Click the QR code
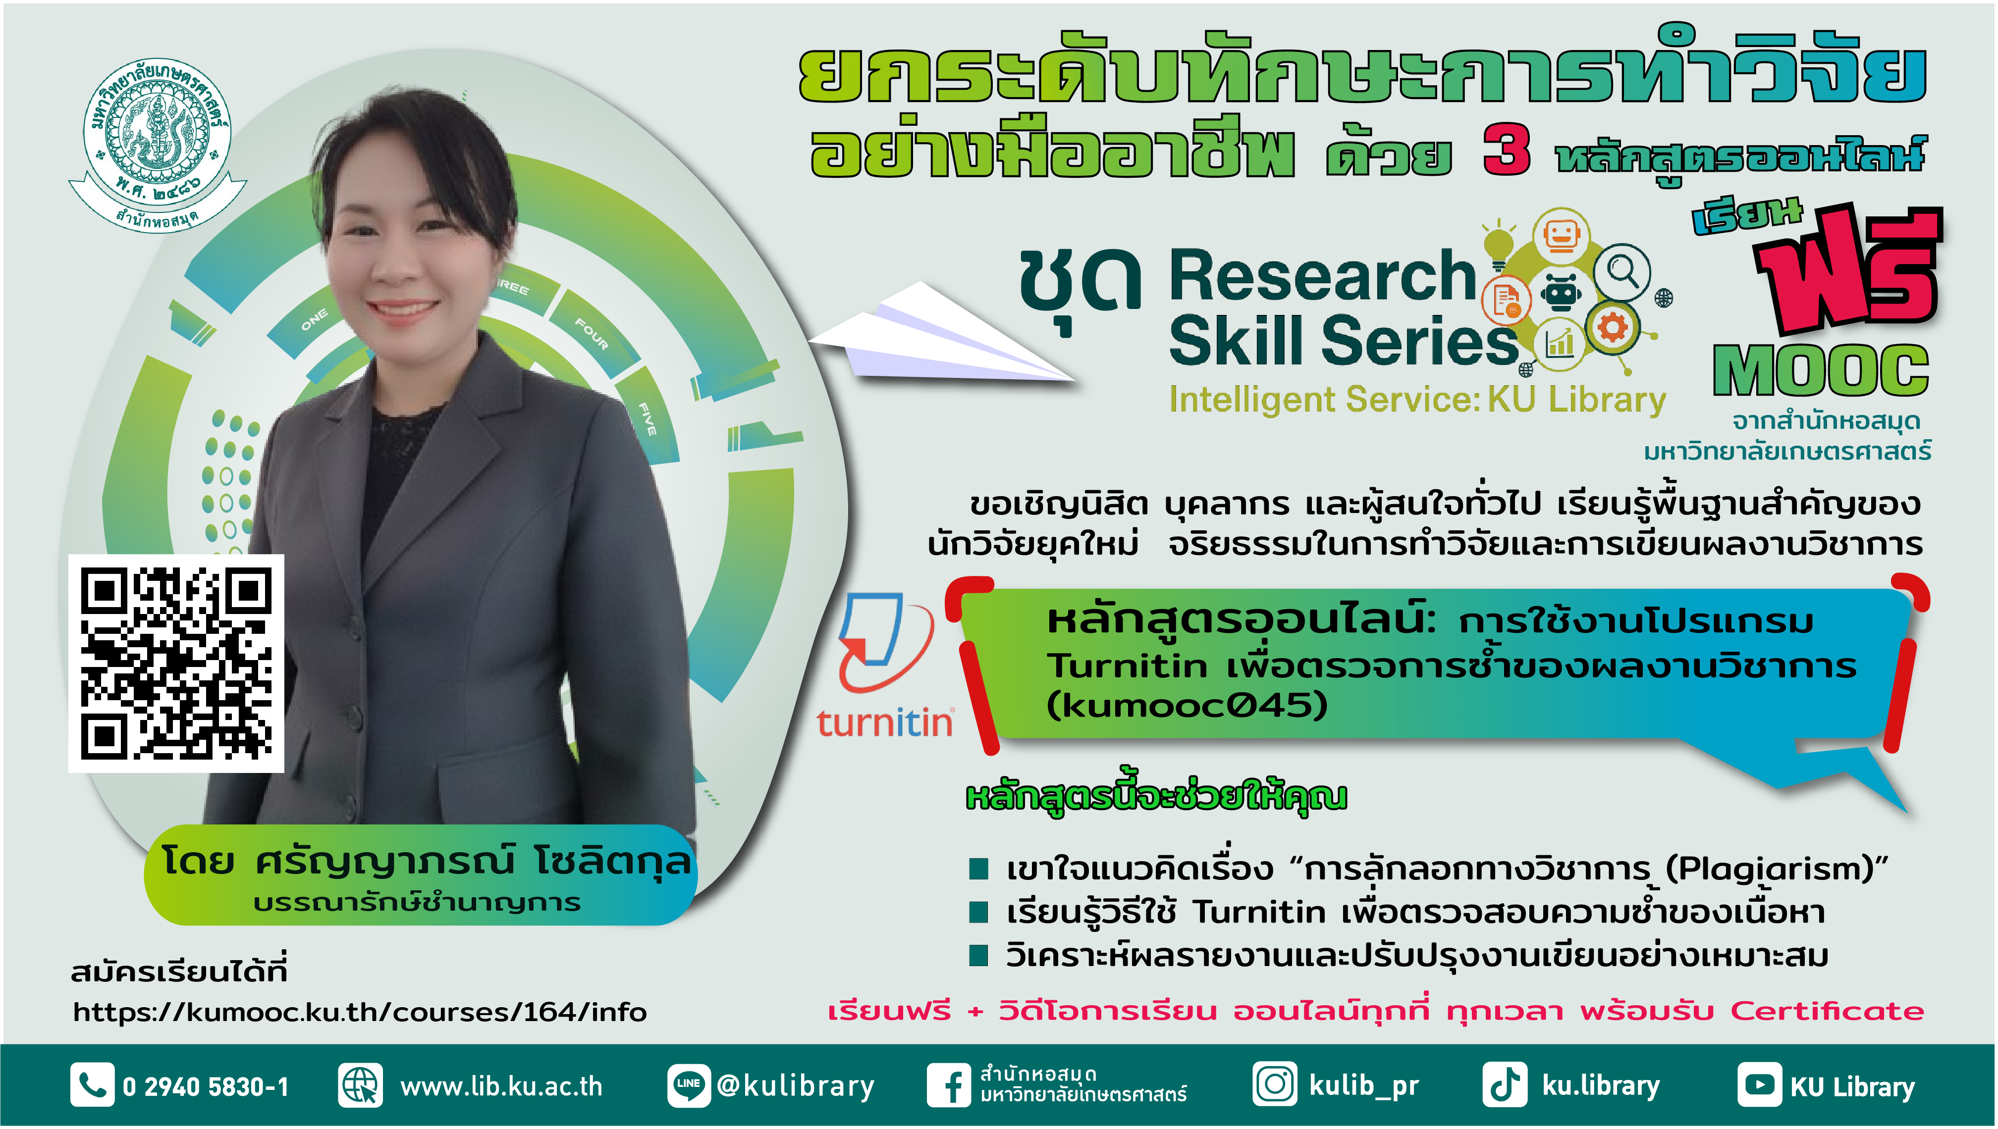click(176, 663)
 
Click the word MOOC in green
click(1820, 371)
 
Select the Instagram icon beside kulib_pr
click(1274, 1084)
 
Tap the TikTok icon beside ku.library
click(1505, 1084)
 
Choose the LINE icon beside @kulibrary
click(689, 1084)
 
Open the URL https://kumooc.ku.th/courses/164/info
click(360, 1012)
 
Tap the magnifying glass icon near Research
click(1623, 271)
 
